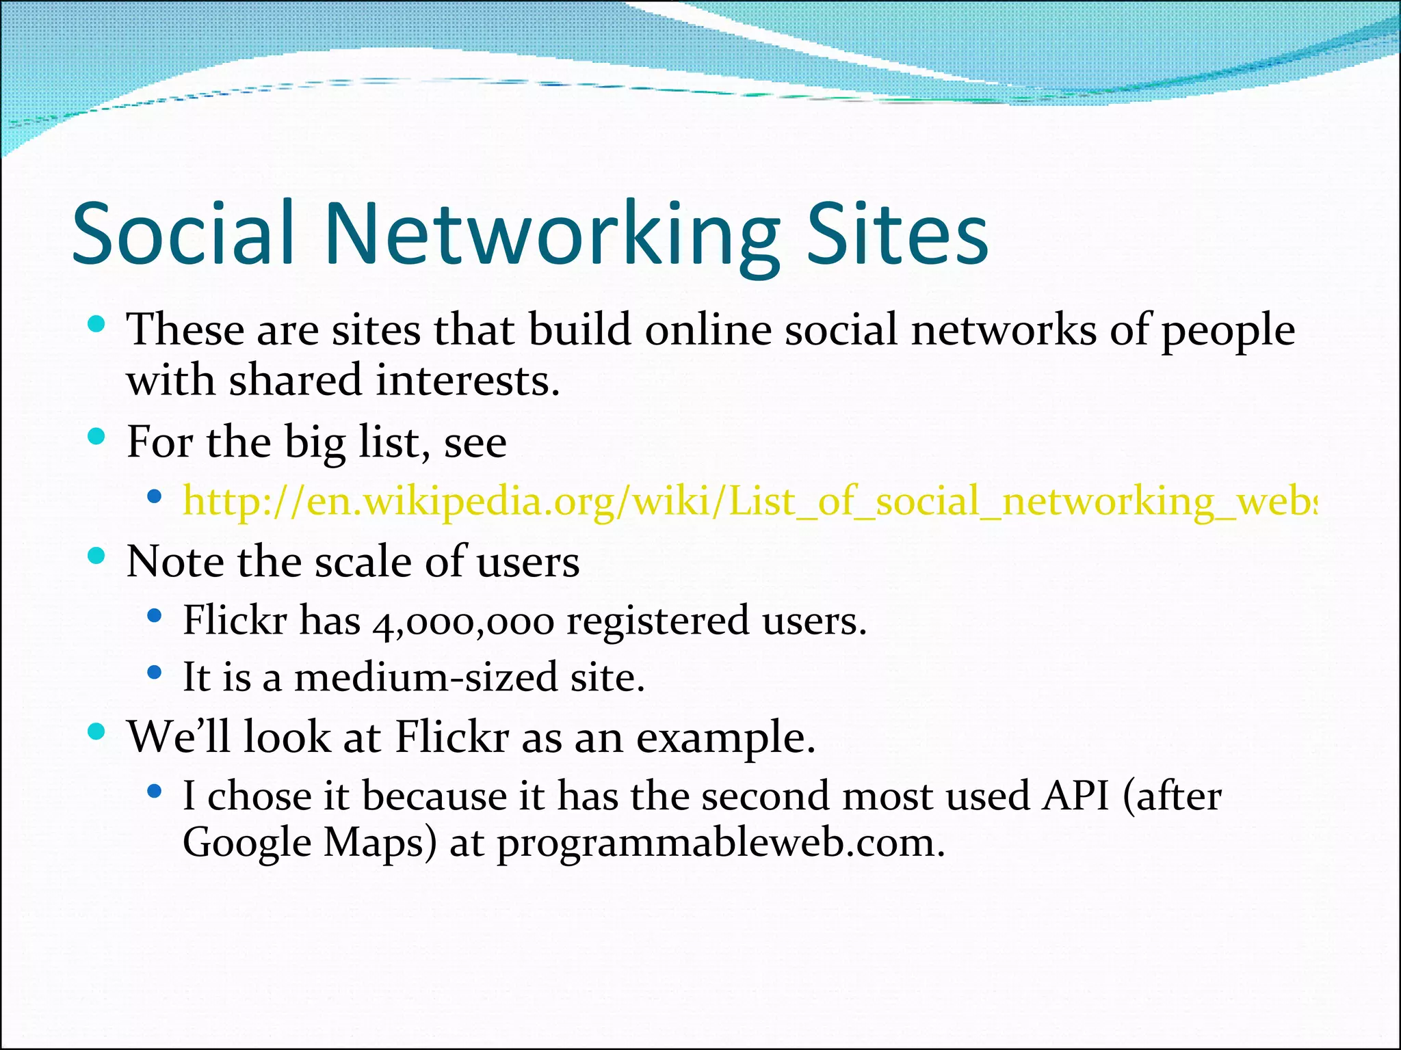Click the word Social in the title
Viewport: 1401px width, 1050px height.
[183, 233]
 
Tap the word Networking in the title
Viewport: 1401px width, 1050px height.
[553, 236]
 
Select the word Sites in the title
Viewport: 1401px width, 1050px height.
[898, 233]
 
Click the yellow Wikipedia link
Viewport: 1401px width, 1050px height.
[749, 502]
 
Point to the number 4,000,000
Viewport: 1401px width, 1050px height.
[463, 622]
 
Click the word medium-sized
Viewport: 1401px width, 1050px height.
[426, 677]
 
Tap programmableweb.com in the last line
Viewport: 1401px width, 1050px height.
[721, 844]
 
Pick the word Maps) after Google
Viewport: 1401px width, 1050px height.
[380, 844]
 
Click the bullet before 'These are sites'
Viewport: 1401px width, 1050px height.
[96, 324]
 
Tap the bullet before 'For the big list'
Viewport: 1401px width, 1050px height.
[96, 436]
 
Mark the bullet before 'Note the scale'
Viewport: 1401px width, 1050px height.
[96, 556]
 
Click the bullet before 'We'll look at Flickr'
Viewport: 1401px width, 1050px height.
[96, 732]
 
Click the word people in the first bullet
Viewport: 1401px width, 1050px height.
[1228, 332]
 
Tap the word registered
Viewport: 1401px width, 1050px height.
[658, 621]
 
